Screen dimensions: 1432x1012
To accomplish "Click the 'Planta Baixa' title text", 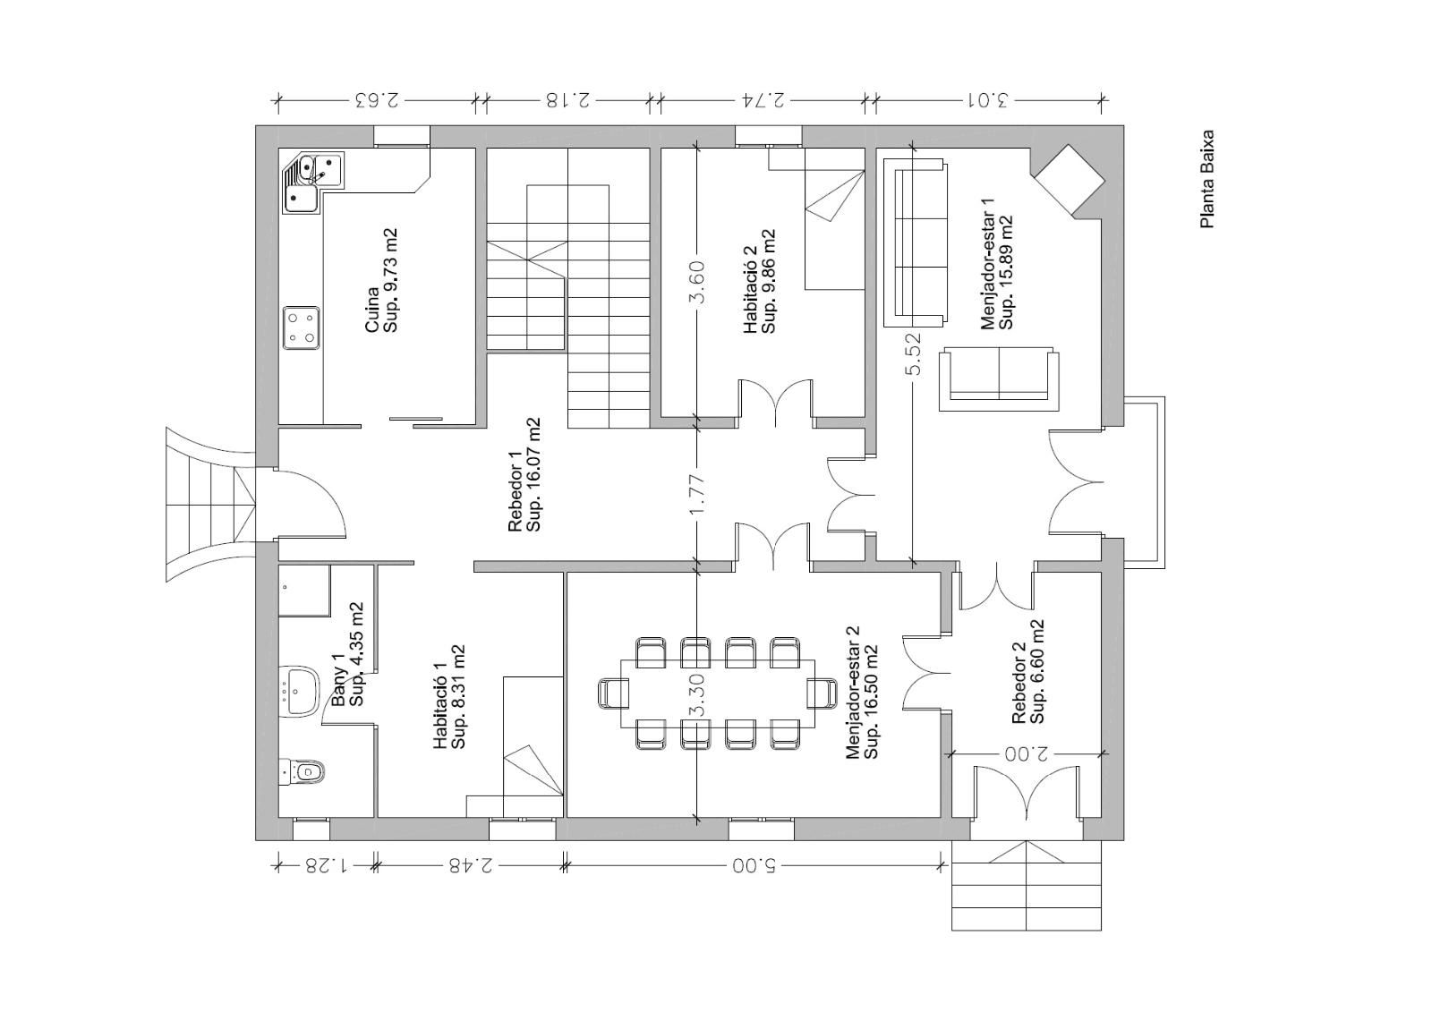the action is [1207, 179].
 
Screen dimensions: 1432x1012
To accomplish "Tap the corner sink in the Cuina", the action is [312, 183].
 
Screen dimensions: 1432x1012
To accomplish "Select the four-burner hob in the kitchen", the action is [301, 328].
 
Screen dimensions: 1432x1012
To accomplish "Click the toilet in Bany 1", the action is [303, 771].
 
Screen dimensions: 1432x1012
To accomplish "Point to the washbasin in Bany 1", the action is [299, 691].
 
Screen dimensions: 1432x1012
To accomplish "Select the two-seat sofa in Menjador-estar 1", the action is [999, 379].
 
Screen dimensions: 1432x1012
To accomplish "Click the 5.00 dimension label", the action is [753, 866].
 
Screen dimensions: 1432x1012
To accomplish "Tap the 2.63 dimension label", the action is [376, 100].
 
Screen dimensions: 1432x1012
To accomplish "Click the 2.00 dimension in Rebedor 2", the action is [1026, 754].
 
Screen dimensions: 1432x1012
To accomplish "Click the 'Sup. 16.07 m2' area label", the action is [533, 474].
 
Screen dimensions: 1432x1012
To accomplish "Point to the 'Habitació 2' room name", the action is [750, 289].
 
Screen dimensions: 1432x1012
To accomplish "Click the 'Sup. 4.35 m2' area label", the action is [356, 654].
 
